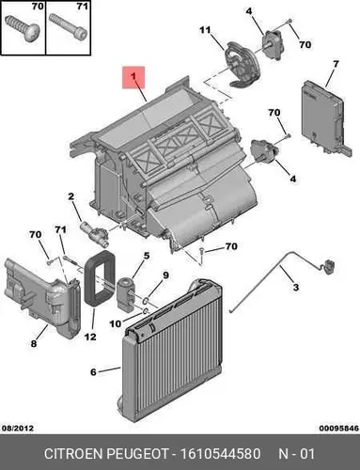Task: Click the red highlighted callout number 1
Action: tap(133, 77)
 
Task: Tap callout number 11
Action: tap(205, 30)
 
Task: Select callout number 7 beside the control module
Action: tap(336, 64)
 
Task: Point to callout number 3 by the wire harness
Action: tap(296, 287)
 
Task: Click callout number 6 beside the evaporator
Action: tap(93, 372)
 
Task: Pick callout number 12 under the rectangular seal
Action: tap(90, 337)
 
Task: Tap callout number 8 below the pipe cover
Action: tap(34, 343)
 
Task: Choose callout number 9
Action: tap(165, 275)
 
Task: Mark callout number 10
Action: tap(116, 323)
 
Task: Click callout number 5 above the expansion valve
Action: tap(147, 256)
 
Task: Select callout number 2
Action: tap(71, 196)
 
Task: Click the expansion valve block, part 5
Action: tap(125, 294)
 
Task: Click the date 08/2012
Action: tap(18, 428)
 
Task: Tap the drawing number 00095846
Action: tap(339, 428)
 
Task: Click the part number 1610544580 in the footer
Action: tap(220, 453)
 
